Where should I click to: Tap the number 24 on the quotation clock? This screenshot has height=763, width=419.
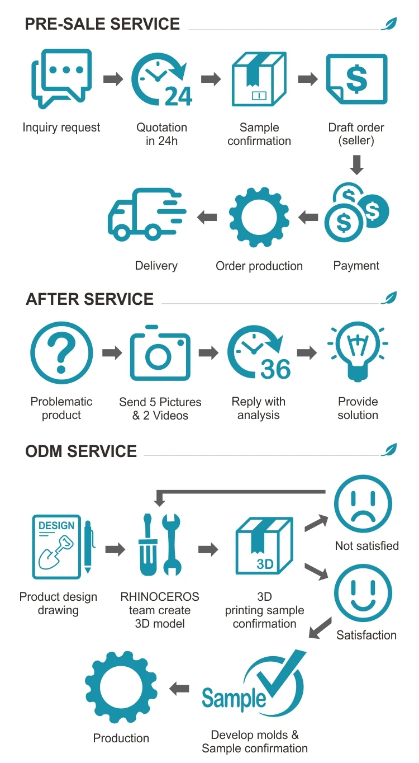pyautogui.click(x=178, y=96)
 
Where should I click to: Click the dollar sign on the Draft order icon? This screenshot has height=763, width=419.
pyautogui.click(x=357, y=79)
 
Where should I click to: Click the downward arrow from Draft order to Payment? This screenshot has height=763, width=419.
pyautogui.click(x=357, y=164)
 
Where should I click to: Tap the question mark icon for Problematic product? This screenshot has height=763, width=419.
pyautogui.click(x=61, y=353)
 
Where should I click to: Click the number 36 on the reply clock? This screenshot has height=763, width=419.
pyautogui.click(x=275, y=369)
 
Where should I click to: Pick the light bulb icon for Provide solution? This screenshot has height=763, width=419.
pyautogui.click(x=358, y=350)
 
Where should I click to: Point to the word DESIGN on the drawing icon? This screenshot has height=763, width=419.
pyautogui.click(x=56, y=526)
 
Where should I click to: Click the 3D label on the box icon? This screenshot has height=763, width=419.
pyautogui.click(x=265, y=564)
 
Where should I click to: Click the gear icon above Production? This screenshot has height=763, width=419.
pyautogui.click(x=121, y=689)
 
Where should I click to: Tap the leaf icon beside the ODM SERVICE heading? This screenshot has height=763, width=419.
pyautogui.click(x=389, y=449)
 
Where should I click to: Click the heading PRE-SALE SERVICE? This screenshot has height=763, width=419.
pyautogui.click(x=103, y=24)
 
